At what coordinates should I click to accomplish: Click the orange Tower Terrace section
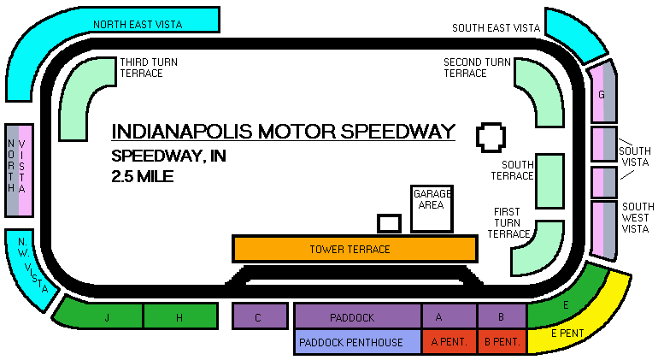[354, 249]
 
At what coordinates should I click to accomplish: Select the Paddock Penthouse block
[357, 342]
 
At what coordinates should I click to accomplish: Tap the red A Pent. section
[449, 342]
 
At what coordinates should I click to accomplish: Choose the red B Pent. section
[502, 342]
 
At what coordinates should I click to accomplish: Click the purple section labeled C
[260, 316]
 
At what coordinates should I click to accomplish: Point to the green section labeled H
[179, 316]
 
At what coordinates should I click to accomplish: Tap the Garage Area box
[432, 209]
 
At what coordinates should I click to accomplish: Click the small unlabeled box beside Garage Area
[390, 223]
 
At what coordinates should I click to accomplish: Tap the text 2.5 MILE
[143, 177]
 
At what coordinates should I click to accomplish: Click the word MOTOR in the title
[296, 132]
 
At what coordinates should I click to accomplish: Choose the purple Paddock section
[357, 316]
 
